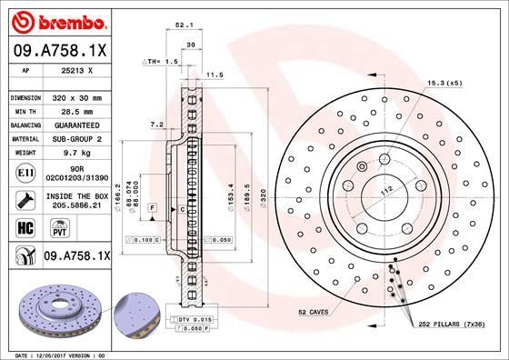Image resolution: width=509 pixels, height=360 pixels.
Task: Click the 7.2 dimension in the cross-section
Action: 155,124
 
